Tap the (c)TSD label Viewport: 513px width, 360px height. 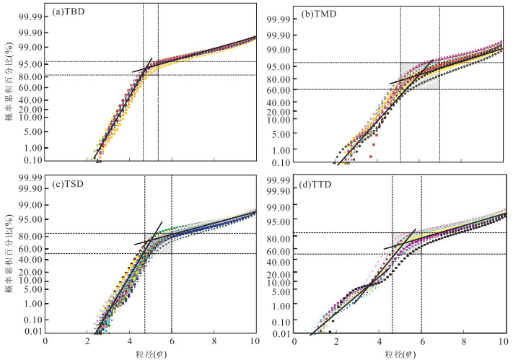click(71, 183)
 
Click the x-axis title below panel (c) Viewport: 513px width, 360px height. click(150, 354)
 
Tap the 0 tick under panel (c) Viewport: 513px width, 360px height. click(45, 341)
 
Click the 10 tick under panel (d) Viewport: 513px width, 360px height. click(504, 341)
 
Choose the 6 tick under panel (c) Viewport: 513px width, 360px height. click(172, 341)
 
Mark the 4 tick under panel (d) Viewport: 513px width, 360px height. click(380, 341)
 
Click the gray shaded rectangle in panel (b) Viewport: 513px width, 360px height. click(419, 76)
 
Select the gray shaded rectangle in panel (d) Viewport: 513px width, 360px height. click(406, 243)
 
